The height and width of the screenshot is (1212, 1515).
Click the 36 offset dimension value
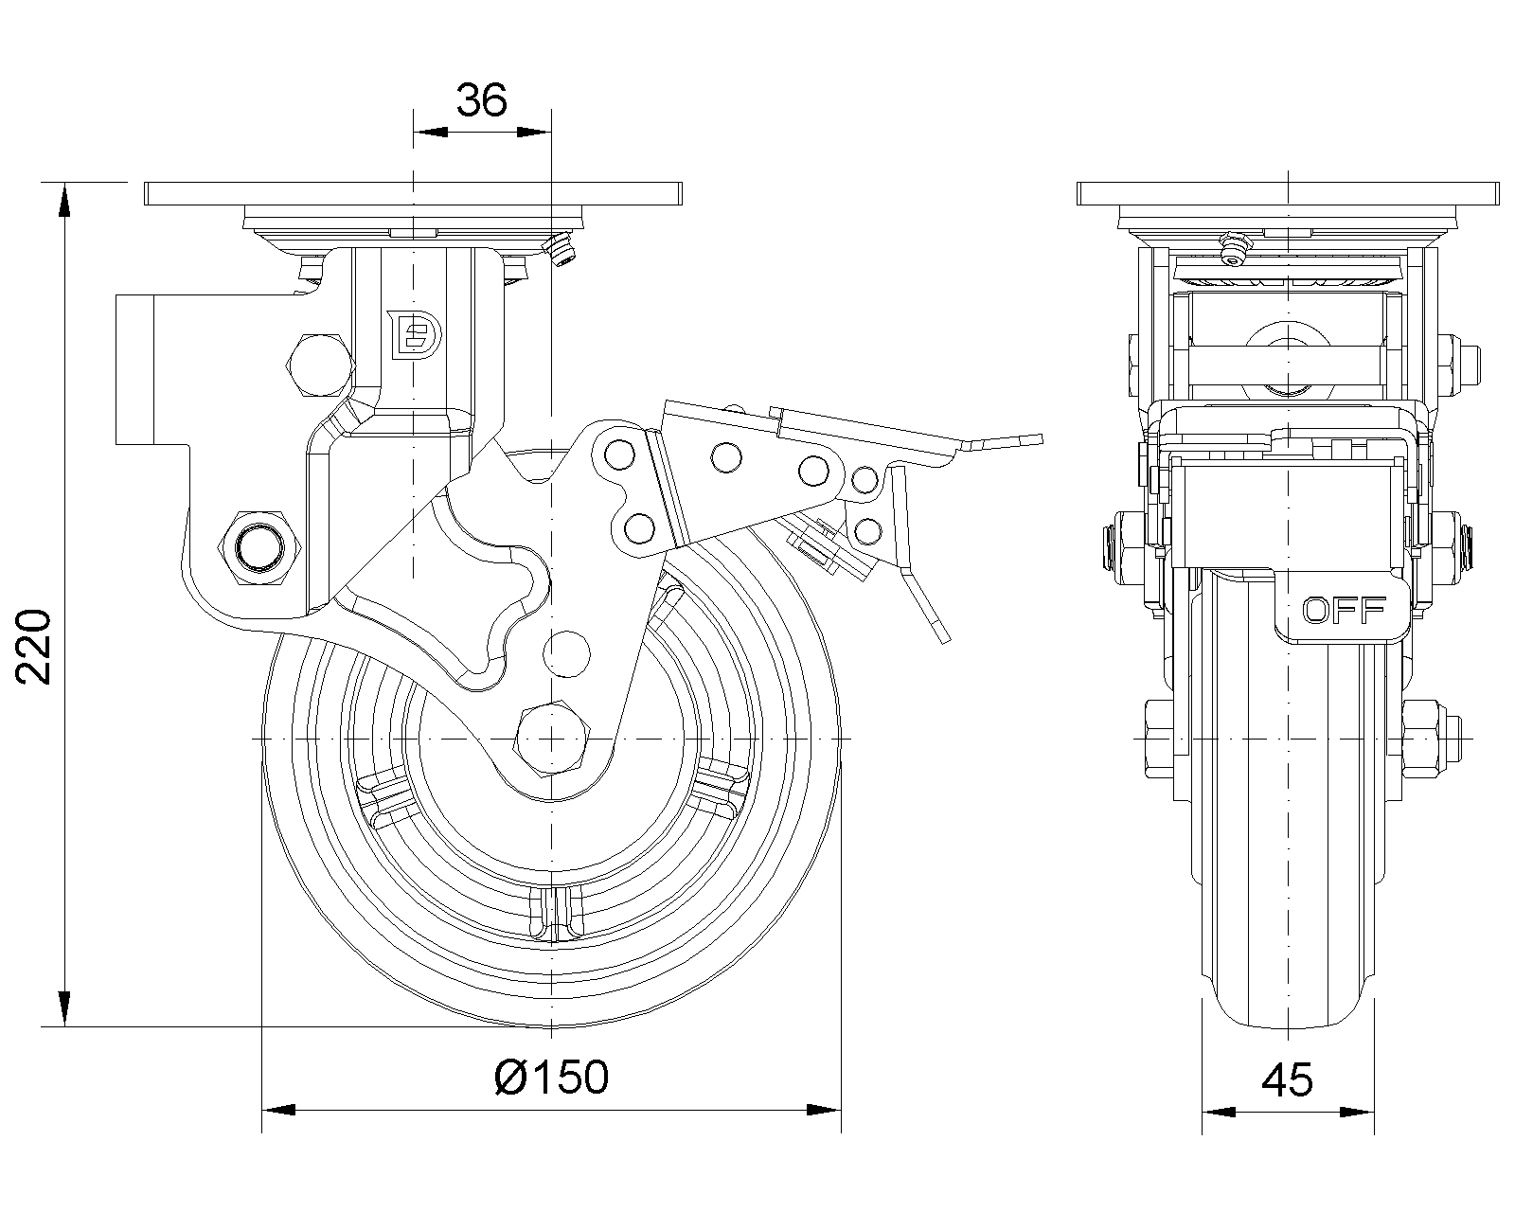point(482,98)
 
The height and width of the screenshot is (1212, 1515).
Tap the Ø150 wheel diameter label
point(552,1077)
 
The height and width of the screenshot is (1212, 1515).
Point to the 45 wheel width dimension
point(1288,1080)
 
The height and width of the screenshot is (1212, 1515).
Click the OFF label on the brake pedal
point(1345,610)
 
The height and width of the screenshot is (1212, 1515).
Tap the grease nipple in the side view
point(562,249)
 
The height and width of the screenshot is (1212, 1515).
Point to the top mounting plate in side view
point(413,192)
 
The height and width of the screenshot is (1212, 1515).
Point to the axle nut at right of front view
point(1428,736)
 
